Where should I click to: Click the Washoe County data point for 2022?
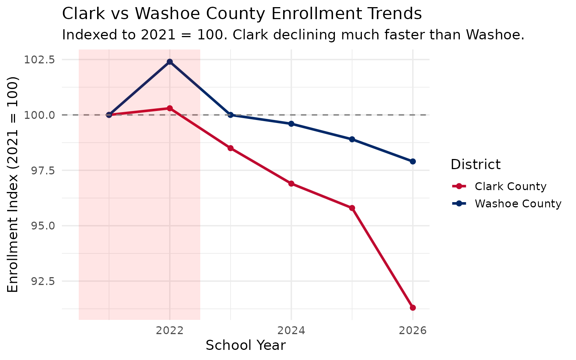click(x=169, y=61)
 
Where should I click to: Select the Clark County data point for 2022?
click(x=169, y=108)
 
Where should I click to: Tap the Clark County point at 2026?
click(x=412, y=308)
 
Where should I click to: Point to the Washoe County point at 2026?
click(x=412, y=161)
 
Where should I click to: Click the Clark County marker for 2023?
click(x=230, y=148)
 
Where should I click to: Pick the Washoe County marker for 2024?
click(x=291, y=124)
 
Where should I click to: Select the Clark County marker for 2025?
click(x=352, y=208)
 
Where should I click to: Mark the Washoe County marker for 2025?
click(x=352, y=139)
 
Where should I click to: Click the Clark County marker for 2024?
click(x=291, y=184)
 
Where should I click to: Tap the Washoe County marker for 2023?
click(x=230, y=115)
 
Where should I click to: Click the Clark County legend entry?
click(x=510, y=186)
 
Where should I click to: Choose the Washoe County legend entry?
click(x=517, y=204)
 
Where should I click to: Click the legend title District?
click(x=475, y=165)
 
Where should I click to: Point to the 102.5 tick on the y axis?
click(x=39, y=60)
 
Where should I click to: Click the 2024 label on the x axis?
click(x=291, y=331)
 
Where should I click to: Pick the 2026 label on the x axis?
click(x=412, y=331)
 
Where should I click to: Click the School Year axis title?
click(x=246, y=345)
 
